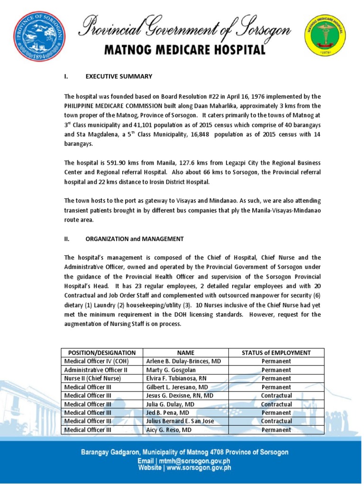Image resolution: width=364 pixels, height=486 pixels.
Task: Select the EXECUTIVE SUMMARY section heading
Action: (x=119, y=76)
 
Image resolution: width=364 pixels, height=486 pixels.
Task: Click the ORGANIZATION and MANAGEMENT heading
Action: (x=134, y=239)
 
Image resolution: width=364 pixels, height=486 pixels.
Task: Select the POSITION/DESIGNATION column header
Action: (x=102, y=353)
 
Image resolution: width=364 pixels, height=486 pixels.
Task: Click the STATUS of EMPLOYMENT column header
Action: (x=276, y=353)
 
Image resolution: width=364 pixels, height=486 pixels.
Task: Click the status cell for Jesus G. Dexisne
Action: (x=276, y=395)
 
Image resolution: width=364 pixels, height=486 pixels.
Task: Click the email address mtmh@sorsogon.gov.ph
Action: (x=197, y=461)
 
